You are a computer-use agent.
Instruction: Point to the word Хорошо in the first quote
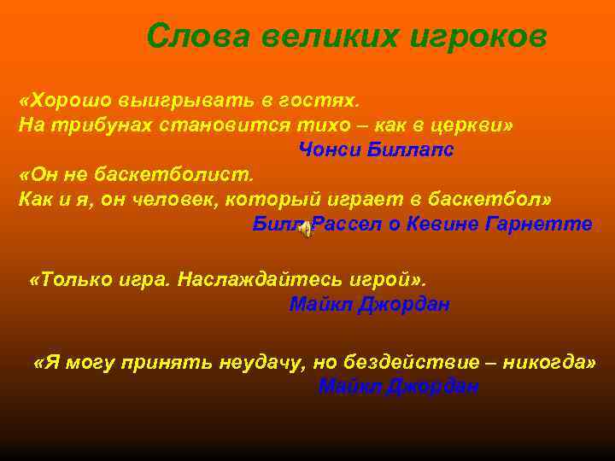(66, 101)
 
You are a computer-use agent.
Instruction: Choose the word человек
(188, 199)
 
